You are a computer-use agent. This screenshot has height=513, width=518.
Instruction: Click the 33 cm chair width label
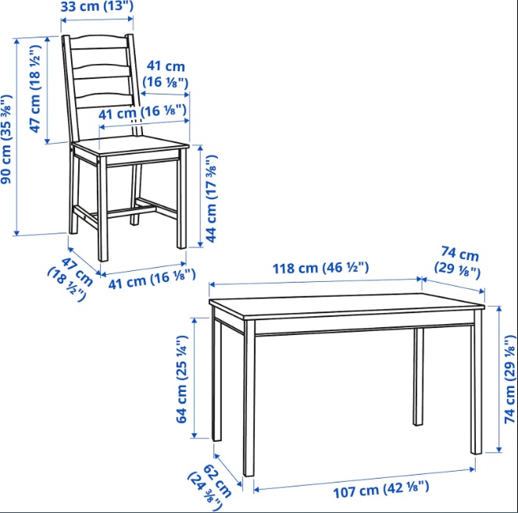point(97,6)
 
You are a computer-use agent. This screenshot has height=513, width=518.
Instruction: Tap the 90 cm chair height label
point(6,139)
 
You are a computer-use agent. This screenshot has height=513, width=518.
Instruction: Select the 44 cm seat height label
point(212,199)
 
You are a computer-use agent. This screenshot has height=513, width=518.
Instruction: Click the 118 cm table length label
point(320,268)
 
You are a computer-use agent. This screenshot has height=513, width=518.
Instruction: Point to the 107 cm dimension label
point(381,490)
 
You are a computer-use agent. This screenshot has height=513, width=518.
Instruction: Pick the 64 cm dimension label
point(182,379)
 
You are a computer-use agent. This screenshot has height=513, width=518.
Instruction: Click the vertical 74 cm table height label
point(510,379)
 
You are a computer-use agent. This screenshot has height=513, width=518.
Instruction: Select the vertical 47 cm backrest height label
point(35,89)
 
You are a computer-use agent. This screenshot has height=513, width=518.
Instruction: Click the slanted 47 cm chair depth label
point(70,279)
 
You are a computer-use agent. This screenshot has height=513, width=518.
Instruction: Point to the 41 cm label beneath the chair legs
point(152,280)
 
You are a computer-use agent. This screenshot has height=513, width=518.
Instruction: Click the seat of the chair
point(130,145)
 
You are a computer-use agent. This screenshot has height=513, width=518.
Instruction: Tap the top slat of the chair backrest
point(98,43)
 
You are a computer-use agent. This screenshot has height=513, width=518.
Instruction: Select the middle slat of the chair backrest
point(101,73)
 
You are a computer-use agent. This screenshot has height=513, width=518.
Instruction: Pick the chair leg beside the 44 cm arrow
point(182,198)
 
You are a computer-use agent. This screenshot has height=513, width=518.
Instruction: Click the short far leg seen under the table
point(419,376)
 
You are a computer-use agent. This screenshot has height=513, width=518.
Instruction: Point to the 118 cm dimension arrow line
point(316,282)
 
